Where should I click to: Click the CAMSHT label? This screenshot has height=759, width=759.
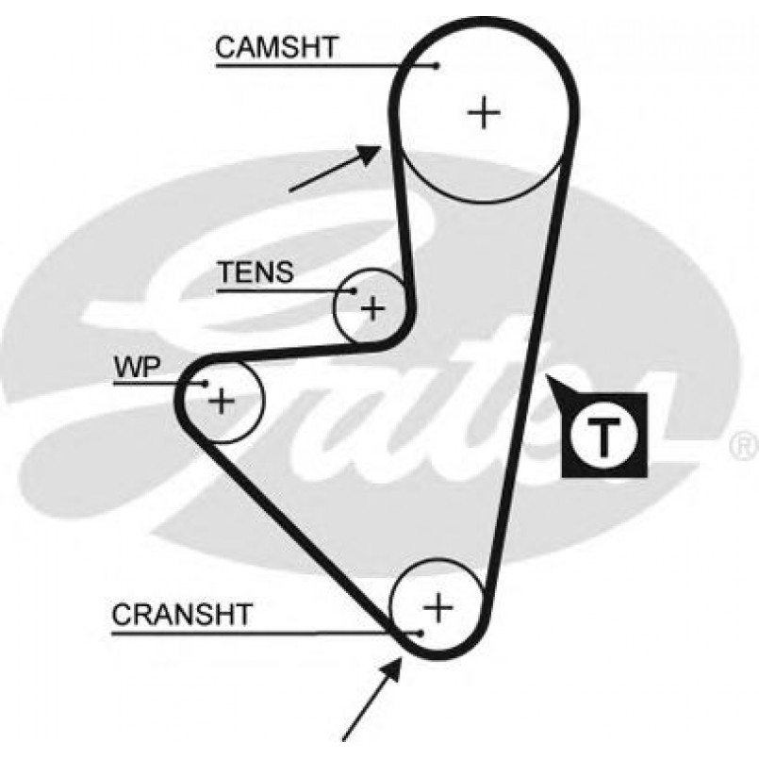(x=275, y=47)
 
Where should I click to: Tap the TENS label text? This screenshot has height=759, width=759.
(x=256, y=272)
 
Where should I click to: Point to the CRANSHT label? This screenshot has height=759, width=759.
(x=182, y=615)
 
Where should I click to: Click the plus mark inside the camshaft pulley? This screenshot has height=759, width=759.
(x=485, y=113)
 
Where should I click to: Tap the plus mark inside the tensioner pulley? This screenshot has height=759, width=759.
(x=373, y=307)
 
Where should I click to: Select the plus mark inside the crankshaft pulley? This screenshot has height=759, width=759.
(x=437, y=606)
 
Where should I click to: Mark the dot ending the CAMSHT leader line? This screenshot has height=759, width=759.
(x=437, y=65)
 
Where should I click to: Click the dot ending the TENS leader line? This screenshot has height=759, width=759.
(x=355, y=290)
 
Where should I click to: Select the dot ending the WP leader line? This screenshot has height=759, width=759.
(x=204, y=383)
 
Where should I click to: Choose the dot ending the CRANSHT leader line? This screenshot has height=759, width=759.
(x=420, y=632)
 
